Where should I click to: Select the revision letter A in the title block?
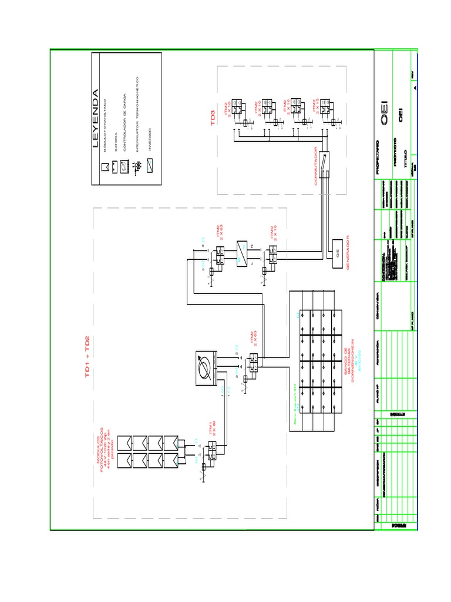[x=415, y=87]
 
